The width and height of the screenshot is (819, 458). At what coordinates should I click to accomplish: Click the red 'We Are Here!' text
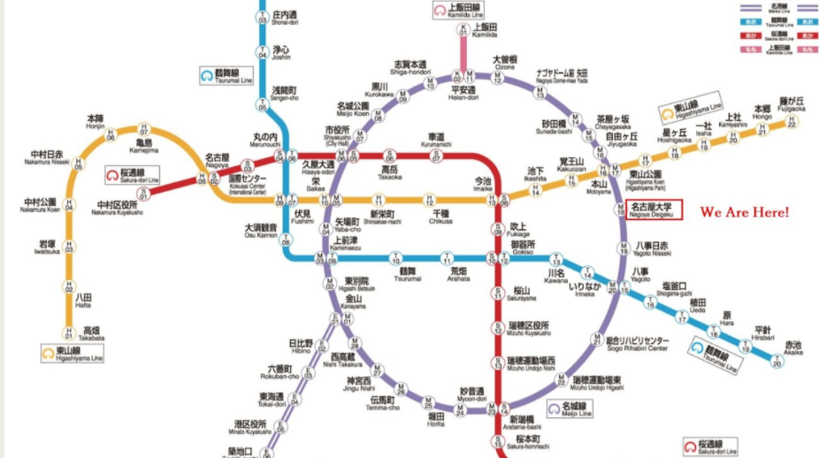[744, 213]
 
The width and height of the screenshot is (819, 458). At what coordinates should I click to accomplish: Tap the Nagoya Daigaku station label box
[654, 209]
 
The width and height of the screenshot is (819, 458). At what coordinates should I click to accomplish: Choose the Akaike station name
[792, 347]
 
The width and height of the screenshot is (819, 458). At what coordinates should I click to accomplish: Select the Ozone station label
[503, 65]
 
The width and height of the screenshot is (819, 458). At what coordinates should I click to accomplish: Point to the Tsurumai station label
[408, 274]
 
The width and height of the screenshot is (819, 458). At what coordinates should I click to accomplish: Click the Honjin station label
[95, 121]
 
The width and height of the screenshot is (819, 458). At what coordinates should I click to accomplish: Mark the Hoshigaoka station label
[674, 136]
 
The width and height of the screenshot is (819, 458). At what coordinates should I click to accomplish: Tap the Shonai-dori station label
[284, 19]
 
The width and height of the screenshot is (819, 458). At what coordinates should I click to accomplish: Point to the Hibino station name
[301, 346]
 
